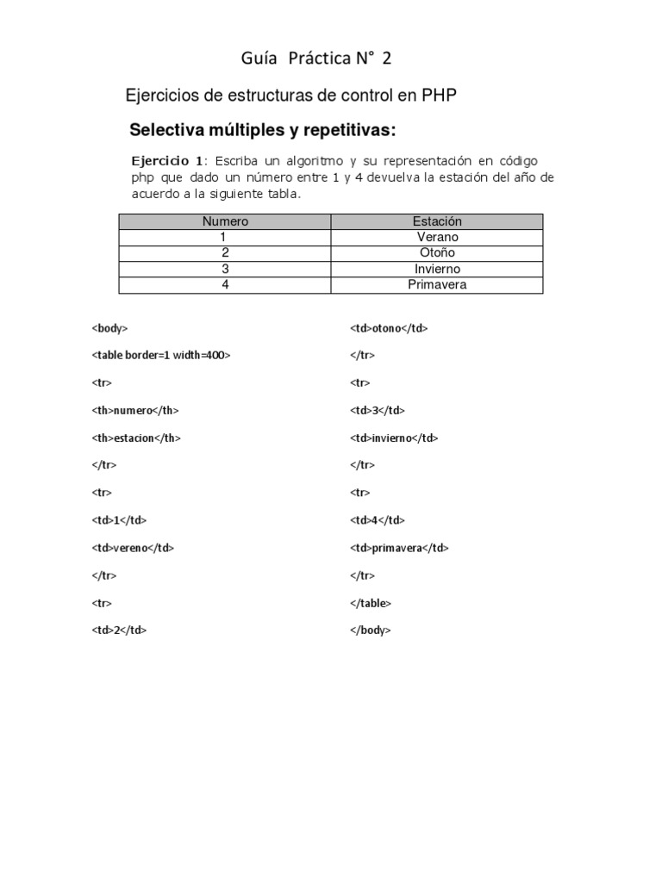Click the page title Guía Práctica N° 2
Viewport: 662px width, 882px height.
click(x=316, y=59)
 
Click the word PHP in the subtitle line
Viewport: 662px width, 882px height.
click(x=439, y=96)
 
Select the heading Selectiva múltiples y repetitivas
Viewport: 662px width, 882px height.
click(x=262, y=131)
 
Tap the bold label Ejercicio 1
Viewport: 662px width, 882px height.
click(x=167, y=161)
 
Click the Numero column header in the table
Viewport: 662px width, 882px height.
click(x=224, y=221)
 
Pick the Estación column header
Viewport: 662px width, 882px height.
click(x=437, y=221)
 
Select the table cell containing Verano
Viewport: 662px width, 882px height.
click(x=437, y=237)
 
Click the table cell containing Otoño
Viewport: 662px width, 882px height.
click(x=437, y=252)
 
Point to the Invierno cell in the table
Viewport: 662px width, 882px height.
click(x=437, y=269)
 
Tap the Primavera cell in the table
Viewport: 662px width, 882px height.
click(x=437, y=284)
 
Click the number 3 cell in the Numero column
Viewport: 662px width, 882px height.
click(x=224, y=269)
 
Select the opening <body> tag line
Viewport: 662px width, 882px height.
click(x=109, y=328)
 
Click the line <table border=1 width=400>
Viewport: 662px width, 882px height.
click(x=160, y=356)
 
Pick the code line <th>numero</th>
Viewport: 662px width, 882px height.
click(x=134, y=410)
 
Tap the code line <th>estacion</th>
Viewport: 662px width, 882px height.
click(x=136, y=438)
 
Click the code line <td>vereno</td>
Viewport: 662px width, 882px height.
click(x=133, y=548)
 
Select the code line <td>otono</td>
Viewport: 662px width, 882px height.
click(x=389, y=328)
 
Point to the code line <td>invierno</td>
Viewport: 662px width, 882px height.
click(x=394, y=438)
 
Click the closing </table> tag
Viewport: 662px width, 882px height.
click(x=371, y=603)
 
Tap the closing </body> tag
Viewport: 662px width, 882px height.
click(x=371, y=630)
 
